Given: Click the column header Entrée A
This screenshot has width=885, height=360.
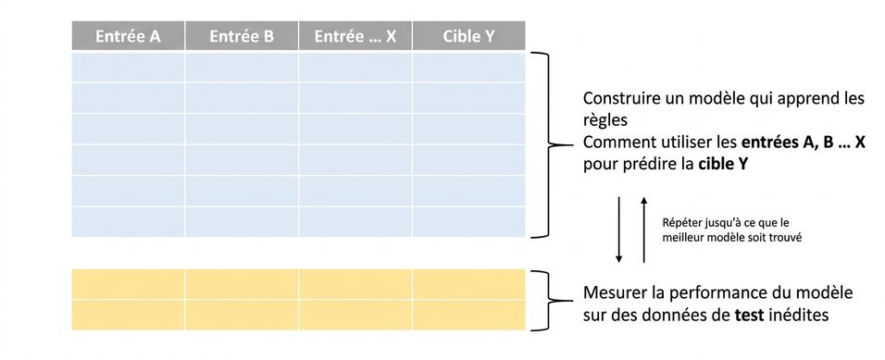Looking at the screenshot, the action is [x=128, y=36].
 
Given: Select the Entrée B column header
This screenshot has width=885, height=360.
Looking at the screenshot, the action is [x=242, y=36].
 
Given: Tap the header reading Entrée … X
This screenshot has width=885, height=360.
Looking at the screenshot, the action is [x=355, y=36].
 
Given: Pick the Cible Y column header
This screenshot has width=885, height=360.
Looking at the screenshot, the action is [x=469, y=36].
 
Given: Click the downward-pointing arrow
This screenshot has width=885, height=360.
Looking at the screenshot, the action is [x=619, y=230].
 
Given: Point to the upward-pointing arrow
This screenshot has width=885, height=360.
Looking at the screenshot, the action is [x=644, y=230].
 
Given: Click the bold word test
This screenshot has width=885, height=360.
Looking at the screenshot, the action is [x=749, y=315].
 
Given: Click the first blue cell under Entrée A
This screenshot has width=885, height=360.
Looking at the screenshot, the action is [x=128, y=68].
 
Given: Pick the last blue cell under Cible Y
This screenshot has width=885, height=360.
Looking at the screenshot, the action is [x=469, y=222].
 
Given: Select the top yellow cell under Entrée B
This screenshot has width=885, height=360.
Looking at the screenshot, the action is [x=242, y=284].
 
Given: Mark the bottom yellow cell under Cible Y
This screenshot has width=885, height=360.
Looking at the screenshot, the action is [x=469, y=315].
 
